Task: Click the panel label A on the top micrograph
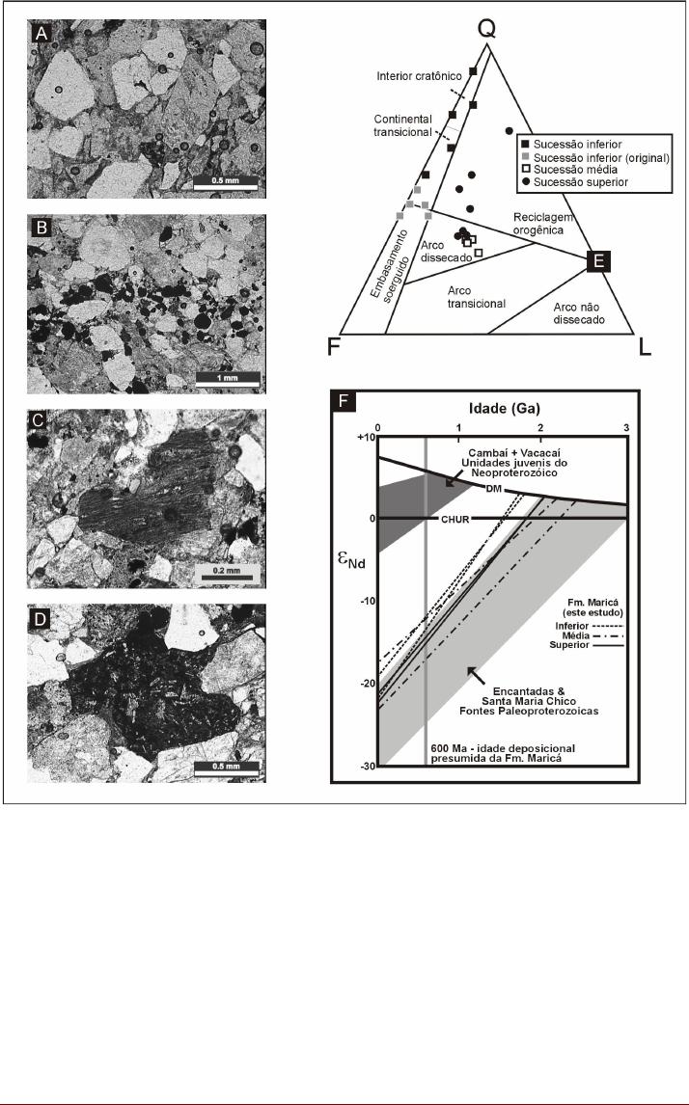[x=41, y=32]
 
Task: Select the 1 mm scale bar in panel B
[x=227, y=377]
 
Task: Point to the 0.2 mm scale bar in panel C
[x=227, y=572]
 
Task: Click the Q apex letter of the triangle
[x=487, y=28]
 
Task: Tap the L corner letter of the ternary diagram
[x=644, y=347]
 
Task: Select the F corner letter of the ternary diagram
[x=334, y=347]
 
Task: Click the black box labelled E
[x=598, y=261]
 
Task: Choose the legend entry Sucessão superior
[x=574, y=182]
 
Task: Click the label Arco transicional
[x=477, y=297]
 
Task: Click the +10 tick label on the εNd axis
[x=365, y=437]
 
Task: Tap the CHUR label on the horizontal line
[x=454, y=519]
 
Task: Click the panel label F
[x=344, y=402]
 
